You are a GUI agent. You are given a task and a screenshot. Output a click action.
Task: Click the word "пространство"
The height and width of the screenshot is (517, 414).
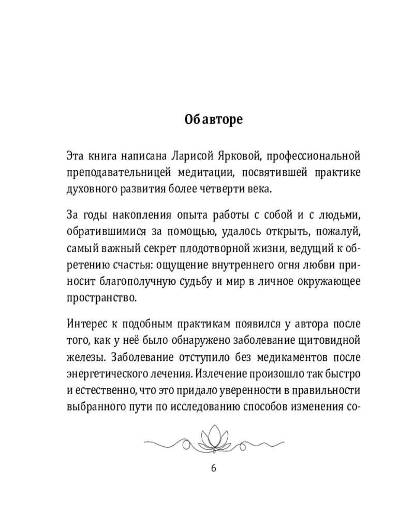coord(95,299)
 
